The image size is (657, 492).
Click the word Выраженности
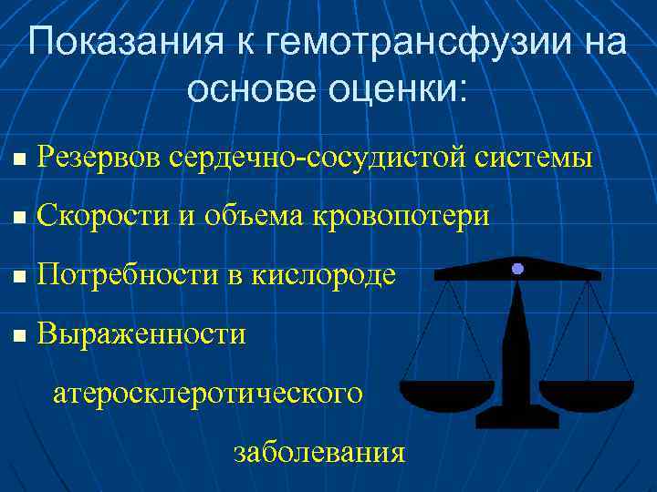coord(142,333)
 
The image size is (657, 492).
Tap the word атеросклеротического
coord(208,394)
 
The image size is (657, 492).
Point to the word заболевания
coord(318,452)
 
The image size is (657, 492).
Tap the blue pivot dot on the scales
coord(517,269)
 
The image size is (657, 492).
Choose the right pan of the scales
coord(586,394)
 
